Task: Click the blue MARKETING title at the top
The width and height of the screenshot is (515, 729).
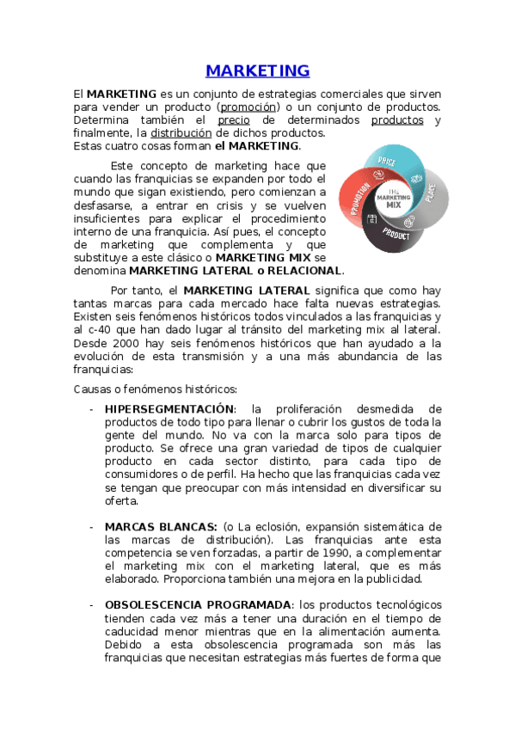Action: click(257, 70)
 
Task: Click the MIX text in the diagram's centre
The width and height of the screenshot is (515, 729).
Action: click(394, 205)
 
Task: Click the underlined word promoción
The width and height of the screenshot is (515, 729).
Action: click(248, 107)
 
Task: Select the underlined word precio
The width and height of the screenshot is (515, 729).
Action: click(234, 120)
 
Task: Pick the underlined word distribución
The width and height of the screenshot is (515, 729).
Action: click(181, 133)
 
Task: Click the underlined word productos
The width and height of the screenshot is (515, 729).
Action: click(397, 120)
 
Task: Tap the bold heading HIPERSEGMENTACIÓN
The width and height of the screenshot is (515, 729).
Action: click(169, 408)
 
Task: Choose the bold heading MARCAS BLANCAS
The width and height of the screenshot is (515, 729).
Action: click(160, 526)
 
